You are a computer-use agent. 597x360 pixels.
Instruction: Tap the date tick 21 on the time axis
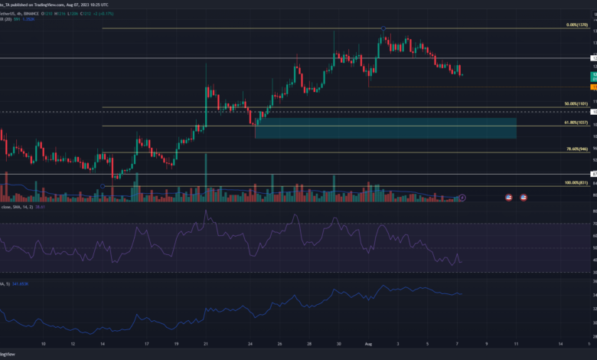point(207,344)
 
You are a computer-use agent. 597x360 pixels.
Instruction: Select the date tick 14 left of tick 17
point(102,344)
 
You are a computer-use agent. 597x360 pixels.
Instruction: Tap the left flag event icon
point(510,198)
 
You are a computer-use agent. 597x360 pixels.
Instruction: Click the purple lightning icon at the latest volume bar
point(463,197)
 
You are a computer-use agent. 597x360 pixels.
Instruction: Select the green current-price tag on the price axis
point(594,77)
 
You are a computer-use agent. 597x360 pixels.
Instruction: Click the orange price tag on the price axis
point(594,87)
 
